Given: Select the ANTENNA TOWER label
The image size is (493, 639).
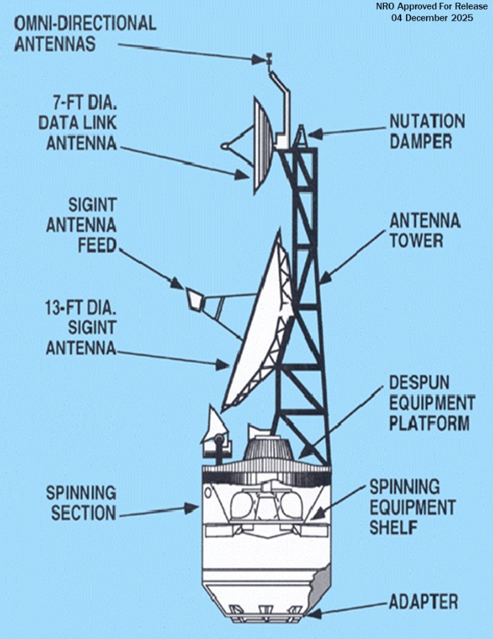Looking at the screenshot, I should [425, 231].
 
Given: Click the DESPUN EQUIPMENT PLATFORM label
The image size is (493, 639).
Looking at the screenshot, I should [432, 402].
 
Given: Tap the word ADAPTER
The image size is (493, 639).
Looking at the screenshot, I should [423, 601].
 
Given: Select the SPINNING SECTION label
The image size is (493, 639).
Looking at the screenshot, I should [81, 503].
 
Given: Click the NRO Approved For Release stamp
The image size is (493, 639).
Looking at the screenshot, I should [432, 6].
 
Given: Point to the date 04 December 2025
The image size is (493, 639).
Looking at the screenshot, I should [432, 18].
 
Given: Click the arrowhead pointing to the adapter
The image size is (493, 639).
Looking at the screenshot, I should [311, 612].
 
